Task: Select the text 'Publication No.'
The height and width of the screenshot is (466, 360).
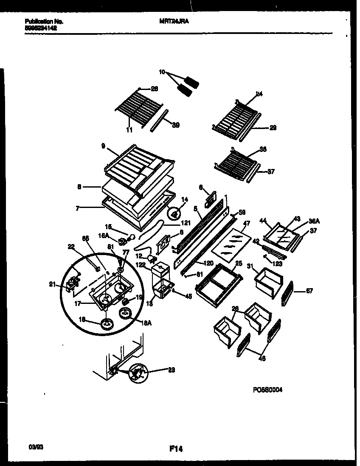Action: (41, 21)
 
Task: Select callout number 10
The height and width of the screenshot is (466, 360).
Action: (162, 72)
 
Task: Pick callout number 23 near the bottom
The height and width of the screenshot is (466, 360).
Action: (171, 369)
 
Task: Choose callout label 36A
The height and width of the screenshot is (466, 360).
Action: (314, 221)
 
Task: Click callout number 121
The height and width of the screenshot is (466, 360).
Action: (185, 222)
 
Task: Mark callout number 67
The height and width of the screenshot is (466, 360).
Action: (310, 291)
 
